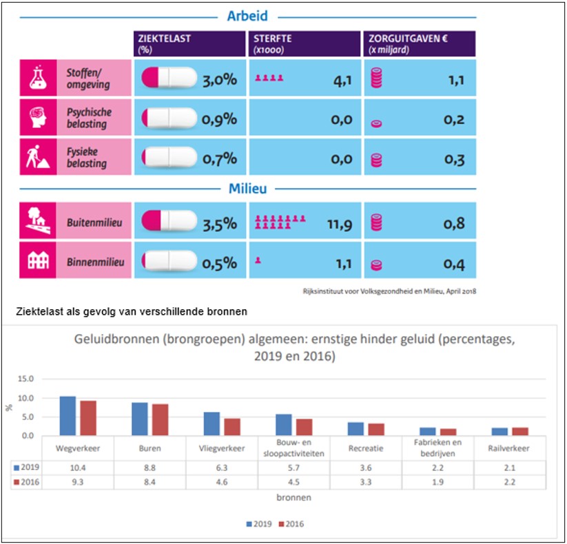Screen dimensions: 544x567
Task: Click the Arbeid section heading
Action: [x=247, y=16]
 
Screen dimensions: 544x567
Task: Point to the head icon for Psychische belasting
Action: [x=37, y=118]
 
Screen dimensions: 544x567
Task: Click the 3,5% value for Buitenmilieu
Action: [x=219, y=224]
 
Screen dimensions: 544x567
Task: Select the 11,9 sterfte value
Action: [x=337, y=224]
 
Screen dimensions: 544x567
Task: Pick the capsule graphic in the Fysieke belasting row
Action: [x=169, y=158]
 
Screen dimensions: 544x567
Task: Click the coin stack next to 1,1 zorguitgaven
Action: [x=376, y=79]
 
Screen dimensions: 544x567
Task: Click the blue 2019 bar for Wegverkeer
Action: [x=68, y=416]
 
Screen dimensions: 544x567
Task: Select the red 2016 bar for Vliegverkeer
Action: [x=232, y=427]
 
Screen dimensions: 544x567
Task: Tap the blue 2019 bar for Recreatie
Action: [x=355, y=429]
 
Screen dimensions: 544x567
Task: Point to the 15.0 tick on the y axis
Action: [x=25, y=379]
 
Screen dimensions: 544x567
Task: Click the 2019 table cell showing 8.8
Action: [x=150, y=468]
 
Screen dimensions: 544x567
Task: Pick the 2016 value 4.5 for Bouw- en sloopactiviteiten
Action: [x=294, y=482]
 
